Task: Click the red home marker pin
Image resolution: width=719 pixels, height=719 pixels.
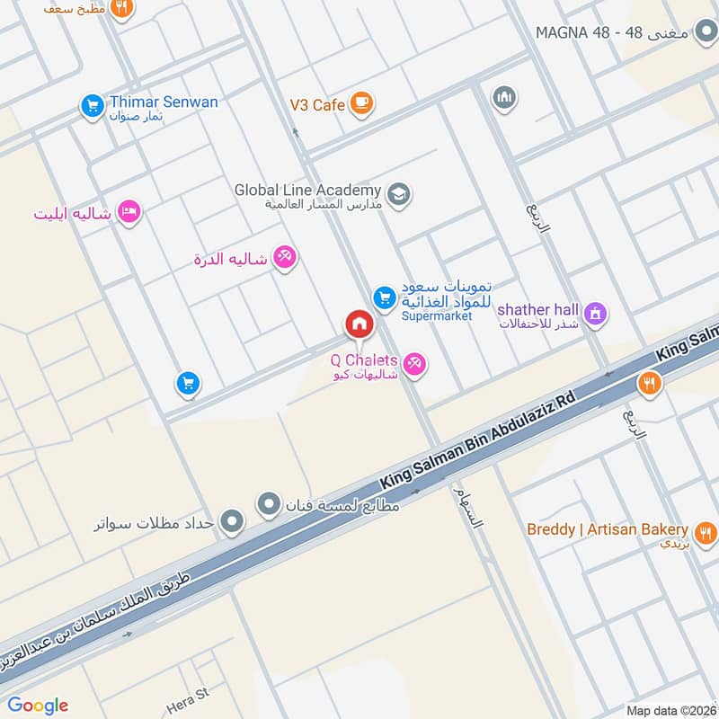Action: pyautogui.click(x=359, y=324)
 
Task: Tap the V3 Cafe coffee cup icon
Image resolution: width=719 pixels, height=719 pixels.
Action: pyautogui.click(x=362, y=104)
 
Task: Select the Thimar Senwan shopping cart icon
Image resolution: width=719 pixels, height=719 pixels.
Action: pyautogui.click(x=92, y=106)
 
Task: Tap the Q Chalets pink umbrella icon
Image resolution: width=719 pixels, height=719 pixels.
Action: pyautogui.click(x=414, y=364)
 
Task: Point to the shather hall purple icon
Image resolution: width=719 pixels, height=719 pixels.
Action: pyautogui.click(x=594, y=314)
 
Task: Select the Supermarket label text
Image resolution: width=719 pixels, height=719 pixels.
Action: pyautogui.click(x=436, y=316)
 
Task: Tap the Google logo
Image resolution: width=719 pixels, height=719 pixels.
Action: pyautogui.click(x=38, y=705)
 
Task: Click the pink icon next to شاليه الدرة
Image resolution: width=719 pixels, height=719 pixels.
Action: pyautogui.click(x=286, y=258)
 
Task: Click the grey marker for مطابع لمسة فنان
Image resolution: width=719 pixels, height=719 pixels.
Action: pyautogui.click(x=269, y=505)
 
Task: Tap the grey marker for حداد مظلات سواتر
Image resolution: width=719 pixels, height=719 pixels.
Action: pyautogui.click(x=232, y=520)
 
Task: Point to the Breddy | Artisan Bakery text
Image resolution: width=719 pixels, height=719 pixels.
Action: pyautogui.click(x=608, y=529)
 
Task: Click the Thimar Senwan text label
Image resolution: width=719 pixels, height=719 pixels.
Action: pyautogui.click(x=164, y=102)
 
